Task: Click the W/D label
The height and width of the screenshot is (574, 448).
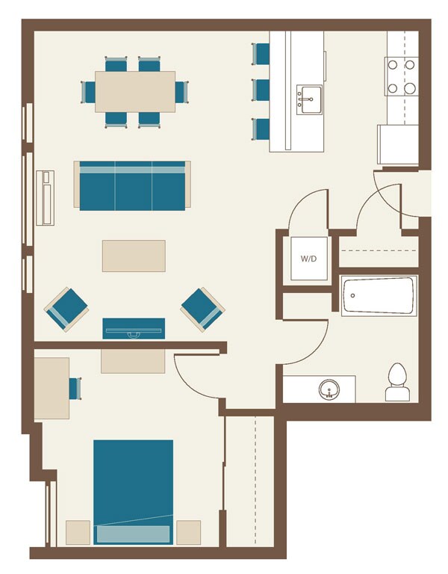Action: [308, 259]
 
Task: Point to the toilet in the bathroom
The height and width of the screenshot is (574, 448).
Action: [397, 383]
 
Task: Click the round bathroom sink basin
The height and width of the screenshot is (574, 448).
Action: [329, 389]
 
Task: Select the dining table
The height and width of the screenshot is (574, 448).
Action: [135, 91]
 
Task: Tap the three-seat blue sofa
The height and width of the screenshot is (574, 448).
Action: [132, 185]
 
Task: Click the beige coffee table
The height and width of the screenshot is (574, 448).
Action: [134, 256]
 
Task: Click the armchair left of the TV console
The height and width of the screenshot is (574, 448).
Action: [66, 309]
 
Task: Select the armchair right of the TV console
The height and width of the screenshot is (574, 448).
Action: [202, 309]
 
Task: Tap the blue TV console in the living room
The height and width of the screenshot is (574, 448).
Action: [134, 328]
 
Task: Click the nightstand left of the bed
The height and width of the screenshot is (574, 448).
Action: [78, 532]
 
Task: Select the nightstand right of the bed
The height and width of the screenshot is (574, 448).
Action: [188, 532]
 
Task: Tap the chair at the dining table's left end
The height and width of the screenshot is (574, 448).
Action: [88, 92]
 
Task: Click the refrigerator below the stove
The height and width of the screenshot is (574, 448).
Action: [399, 144]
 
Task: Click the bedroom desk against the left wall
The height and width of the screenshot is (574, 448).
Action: [52, 387]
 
